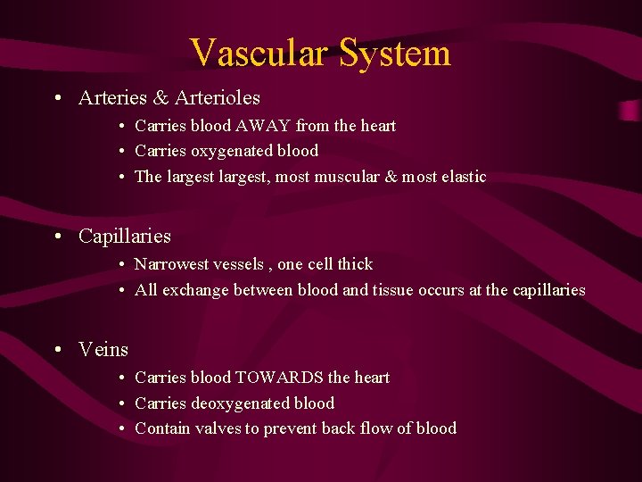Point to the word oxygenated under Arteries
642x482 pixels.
235,151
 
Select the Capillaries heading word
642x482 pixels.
124,237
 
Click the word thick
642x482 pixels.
354,264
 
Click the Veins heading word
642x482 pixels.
103,350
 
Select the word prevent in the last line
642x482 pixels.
290,428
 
